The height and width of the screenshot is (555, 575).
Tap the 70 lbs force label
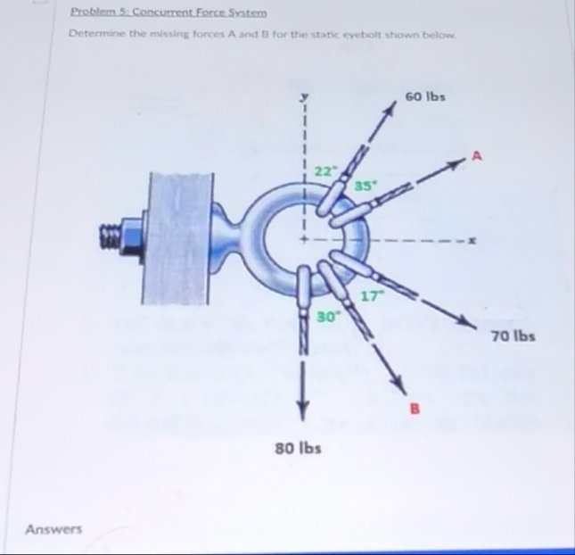pos(512,337)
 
